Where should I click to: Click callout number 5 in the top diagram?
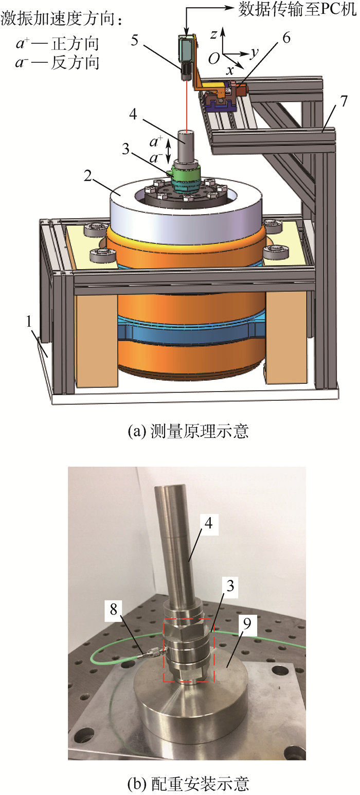[134, 40]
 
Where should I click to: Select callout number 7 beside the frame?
[344, 101]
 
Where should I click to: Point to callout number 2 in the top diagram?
[88, 175]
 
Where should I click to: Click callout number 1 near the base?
[29, 322]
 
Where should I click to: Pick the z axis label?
[213, 34]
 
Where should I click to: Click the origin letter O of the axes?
[214, 58]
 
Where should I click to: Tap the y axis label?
[254, 53]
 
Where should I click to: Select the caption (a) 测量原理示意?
[188, 431]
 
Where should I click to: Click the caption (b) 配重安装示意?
[188, 784]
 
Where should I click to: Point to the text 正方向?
[75, 44]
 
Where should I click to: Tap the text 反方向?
[75, 63]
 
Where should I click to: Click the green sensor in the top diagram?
[185, 173]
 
